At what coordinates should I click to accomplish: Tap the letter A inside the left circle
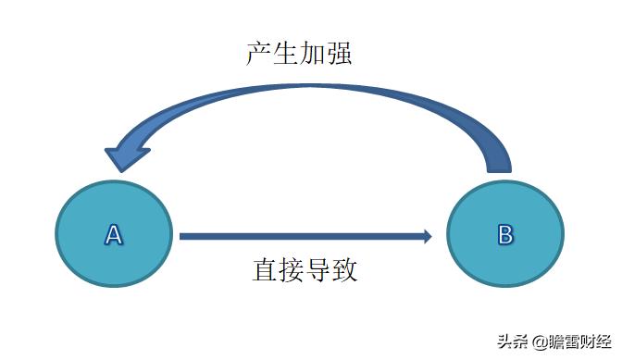click(x=113, y=235)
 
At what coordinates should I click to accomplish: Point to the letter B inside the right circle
click(x=504, y=234)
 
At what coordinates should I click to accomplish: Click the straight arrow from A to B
click(x=296, y=236)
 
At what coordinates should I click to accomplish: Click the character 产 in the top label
click(x=259, y=53)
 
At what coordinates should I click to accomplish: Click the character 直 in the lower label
click(x=265, y=270)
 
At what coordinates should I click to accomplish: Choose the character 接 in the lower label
click(x=292, y=270)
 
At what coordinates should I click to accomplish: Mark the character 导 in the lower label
click(x=318, y=270)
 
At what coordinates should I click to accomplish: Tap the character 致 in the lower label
click(x=345, y=270)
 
